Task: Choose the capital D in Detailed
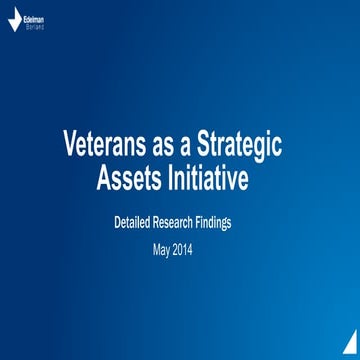coord(116,224)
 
